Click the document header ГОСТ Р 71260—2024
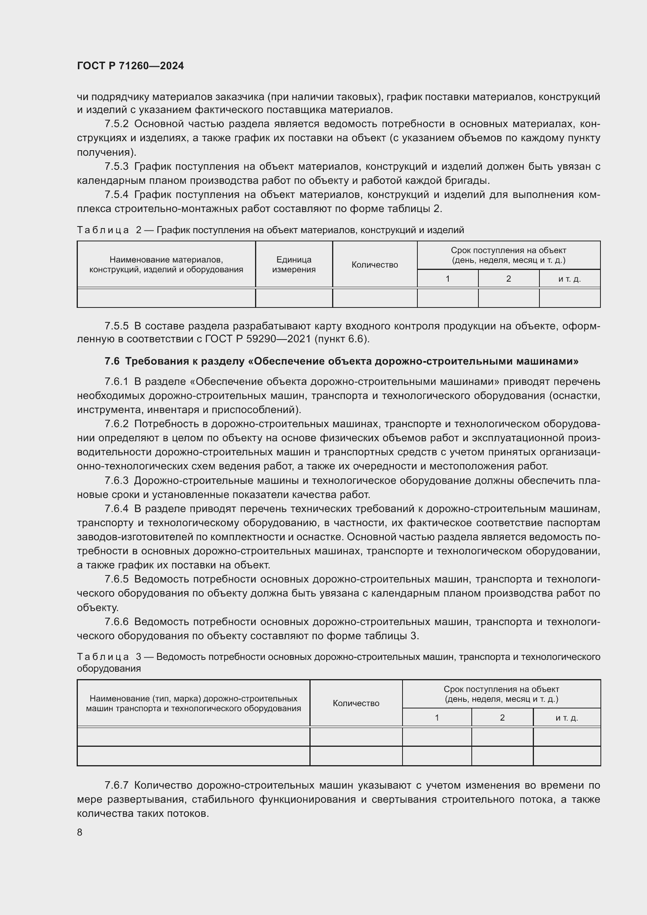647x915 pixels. click(130, 66)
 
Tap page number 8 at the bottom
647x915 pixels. click(80, 832)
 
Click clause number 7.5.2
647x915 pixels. click(116, 124)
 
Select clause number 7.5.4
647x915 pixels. click(116, 194)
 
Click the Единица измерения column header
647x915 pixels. click(294, 264)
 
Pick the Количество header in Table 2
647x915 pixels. click(374, 265)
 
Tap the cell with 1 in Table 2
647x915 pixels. click(448, 279)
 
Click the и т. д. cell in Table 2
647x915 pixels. click(569, 279)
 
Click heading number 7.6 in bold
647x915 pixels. click(112, 361)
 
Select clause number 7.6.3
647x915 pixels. click(116, 481)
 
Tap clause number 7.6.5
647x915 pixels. click(116, 579)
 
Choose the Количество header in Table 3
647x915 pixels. click(356, 703)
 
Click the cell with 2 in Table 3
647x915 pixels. click(502, 718)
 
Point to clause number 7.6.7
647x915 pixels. click(116, 786)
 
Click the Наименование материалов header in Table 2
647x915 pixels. click(166, 264)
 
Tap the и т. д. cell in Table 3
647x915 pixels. click(566, 718)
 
